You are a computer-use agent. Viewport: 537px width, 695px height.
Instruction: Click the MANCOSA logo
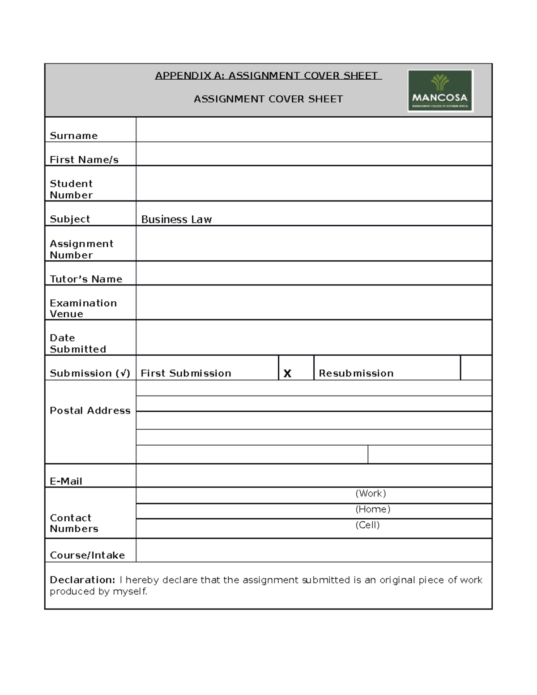point(440,91)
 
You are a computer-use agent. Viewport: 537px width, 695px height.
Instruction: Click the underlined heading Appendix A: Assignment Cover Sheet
point(268,76)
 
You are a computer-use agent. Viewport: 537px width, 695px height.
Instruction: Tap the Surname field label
point(73,136)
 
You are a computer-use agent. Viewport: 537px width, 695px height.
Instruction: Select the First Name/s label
point(84,160)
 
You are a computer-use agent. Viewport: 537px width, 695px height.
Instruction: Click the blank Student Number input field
point(313,183)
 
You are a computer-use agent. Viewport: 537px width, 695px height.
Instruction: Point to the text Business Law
point(176,219)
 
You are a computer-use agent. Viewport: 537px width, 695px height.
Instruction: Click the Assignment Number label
point(81,249)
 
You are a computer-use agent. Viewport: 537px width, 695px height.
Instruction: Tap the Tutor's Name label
point(86,279)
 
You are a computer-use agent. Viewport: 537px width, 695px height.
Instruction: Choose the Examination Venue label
point(83,308)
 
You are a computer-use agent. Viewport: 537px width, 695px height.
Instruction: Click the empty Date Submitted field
point(313,338)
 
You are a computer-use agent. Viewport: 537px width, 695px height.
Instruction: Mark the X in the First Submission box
point(287,373)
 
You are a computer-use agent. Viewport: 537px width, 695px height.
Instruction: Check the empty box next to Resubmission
point(476,368)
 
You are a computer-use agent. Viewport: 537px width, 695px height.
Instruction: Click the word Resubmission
point(356,373)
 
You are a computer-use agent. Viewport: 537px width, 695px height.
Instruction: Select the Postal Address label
point(90,410)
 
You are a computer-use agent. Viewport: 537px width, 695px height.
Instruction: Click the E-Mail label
point(66,481)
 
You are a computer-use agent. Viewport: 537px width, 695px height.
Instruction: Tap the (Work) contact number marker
point(371,493)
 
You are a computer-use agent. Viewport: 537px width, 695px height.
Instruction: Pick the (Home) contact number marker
point(373,509)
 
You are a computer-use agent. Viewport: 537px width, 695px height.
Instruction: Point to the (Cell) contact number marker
point(367,525)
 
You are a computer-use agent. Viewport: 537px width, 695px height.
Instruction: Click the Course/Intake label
point(87,555)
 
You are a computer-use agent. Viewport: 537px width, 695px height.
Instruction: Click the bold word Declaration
point(82,580)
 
